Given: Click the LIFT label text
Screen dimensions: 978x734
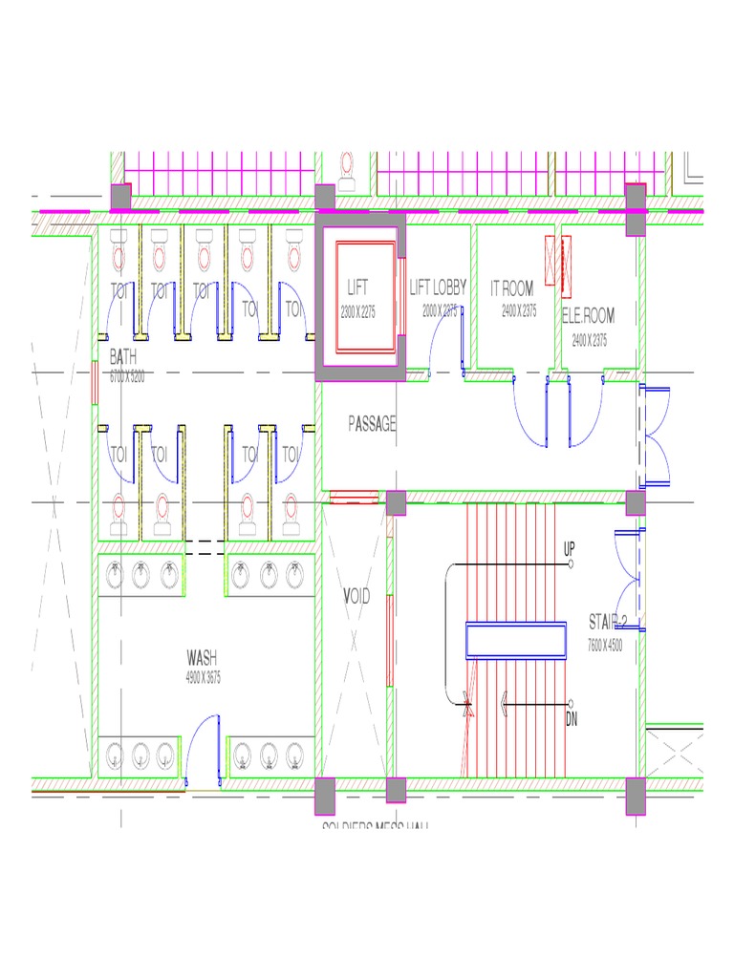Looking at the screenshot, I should pyautogui.click(x=357, y=287).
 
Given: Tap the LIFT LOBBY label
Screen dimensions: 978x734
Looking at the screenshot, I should pyautogui.click(x=439, y=287).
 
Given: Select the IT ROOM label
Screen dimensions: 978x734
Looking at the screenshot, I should pyautogui.click(x=512, y=287).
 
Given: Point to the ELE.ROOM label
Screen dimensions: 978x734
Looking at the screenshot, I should pyautogui.click(x=588, y=315).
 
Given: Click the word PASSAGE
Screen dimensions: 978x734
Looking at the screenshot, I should pyautogui.click(x=372, y=424).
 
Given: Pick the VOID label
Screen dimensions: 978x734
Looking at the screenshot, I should pyautogui.click(x=356, y=597).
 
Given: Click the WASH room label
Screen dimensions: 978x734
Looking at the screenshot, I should pyautogui.click(x=202, y=657).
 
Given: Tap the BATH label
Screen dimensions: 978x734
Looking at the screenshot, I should pyautogui.click(x=123, y=357).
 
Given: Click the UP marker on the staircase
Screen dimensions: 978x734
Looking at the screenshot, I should pyautogui.click(x=569, y=549).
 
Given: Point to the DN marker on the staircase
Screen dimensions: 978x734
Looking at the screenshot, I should pyautogui.click(x=572, y=718).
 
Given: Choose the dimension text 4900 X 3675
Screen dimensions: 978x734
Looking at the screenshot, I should pyautogui.click(x=204, y=677).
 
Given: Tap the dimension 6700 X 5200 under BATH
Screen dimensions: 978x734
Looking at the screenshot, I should pyautogui.click(x=127, y=376).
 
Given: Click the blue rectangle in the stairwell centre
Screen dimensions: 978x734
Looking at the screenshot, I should pyautogui.click(x=515, y=640).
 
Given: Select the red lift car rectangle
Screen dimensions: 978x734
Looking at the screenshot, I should pyautogui.click(x=364, y=299).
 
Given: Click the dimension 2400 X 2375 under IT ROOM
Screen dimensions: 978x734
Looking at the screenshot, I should pyautogui.click(x=519, y=310).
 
